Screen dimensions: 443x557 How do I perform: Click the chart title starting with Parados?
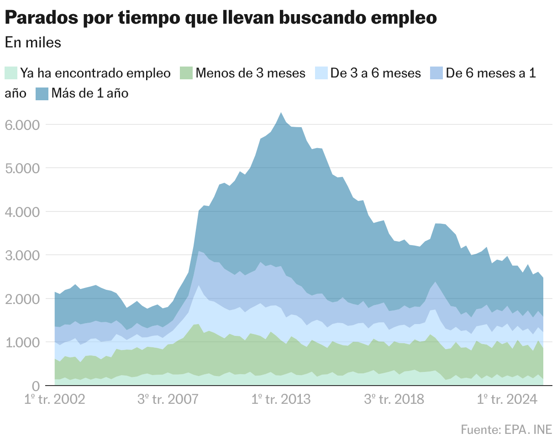[221, 18]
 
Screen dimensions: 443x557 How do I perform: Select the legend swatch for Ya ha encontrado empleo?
[11, 73]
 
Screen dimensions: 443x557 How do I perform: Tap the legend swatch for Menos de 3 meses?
[186, 73]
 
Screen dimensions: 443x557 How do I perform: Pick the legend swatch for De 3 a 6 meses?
[321, 73]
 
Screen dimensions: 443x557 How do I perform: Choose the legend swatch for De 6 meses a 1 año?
[437, 73]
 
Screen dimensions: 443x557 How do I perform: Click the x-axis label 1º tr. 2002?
[55, 400]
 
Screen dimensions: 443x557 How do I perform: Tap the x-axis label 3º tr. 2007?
[168, 400]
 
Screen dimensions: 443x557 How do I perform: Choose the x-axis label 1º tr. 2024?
[507, 400]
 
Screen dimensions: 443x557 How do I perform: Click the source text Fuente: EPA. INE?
[506, 430]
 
